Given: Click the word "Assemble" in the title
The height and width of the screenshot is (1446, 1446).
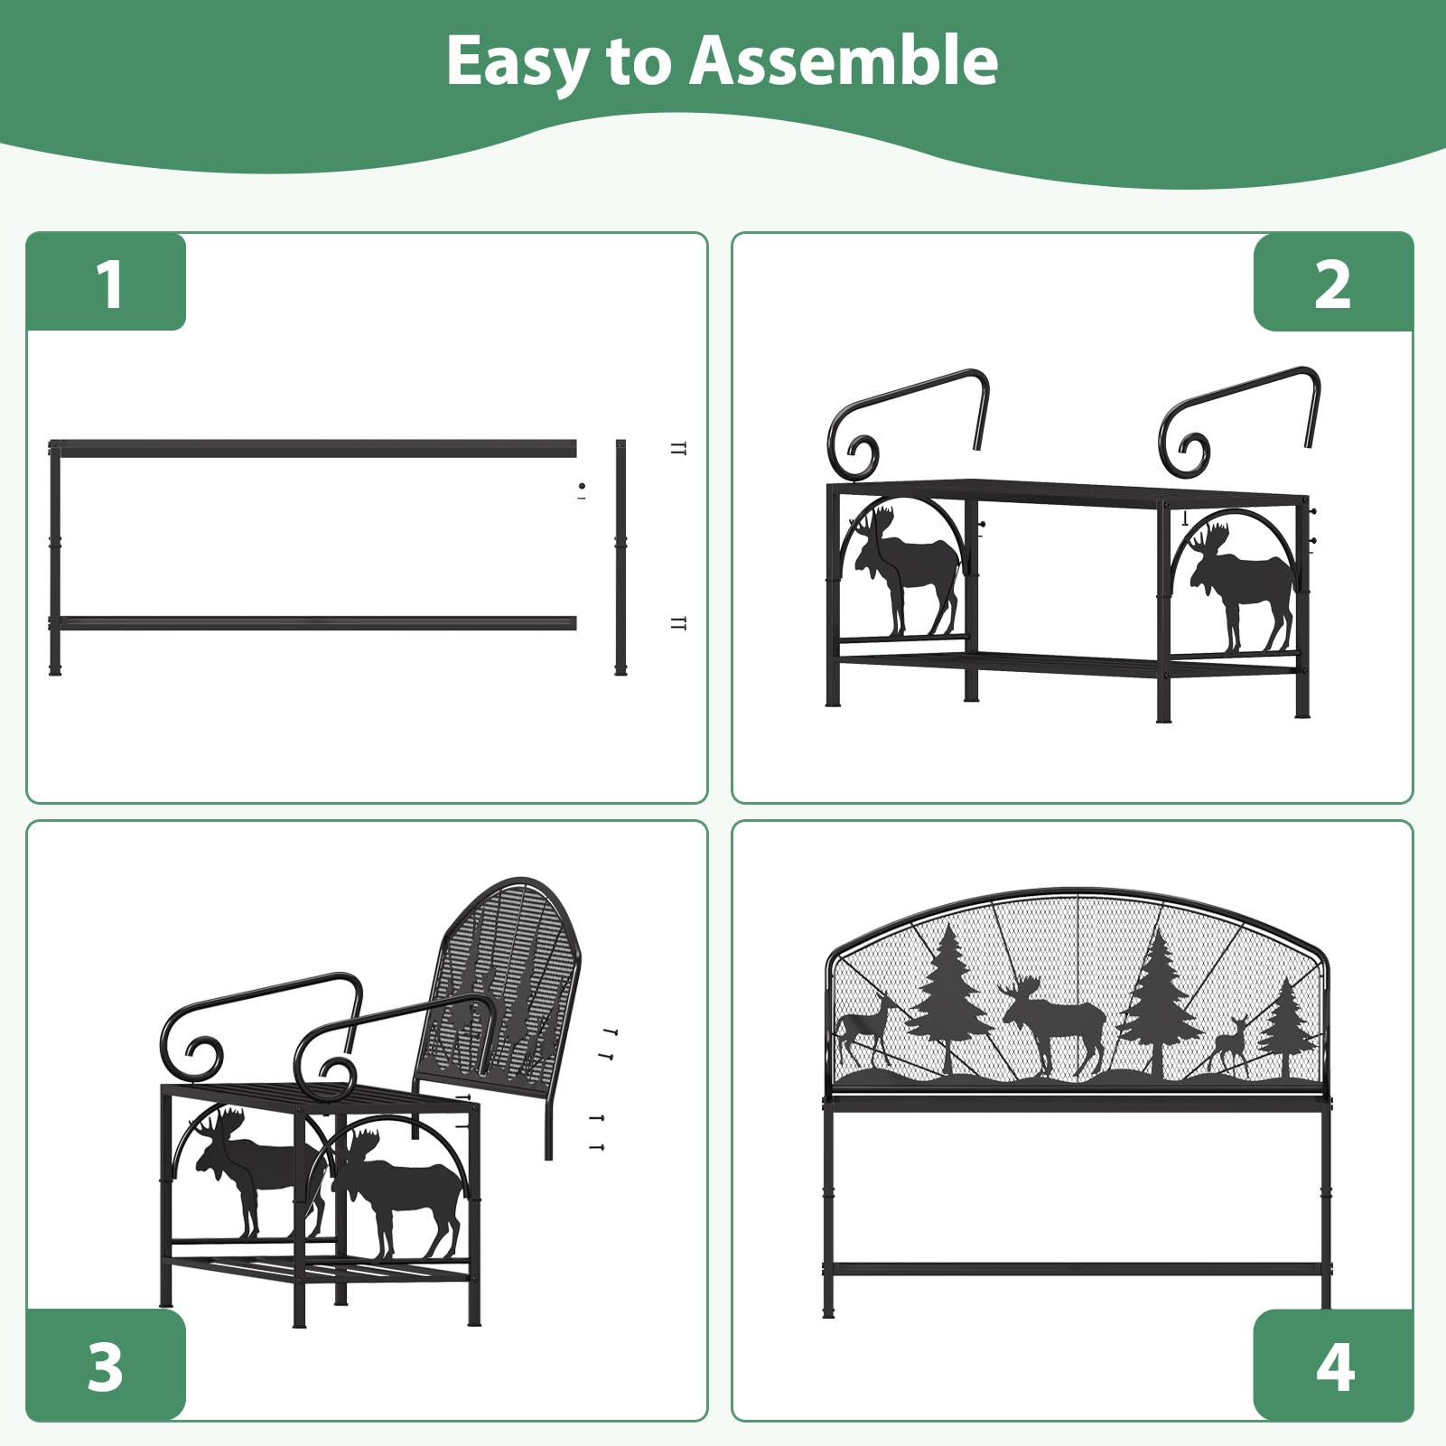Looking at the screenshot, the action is pos(844,61).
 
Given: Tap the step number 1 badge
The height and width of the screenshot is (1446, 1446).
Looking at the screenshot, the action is pos(107,282).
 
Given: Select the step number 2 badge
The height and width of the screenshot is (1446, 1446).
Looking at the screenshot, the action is pos(1332,283).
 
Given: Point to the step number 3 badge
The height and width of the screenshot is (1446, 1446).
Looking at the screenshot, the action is pos(107,1365).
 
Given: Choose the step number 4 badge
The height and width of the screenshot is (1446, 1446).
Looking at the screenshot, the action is pos(1333,1365).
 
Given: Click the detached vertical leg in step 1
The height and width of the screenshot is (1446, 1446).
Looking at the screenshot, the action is pos(620,557).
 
